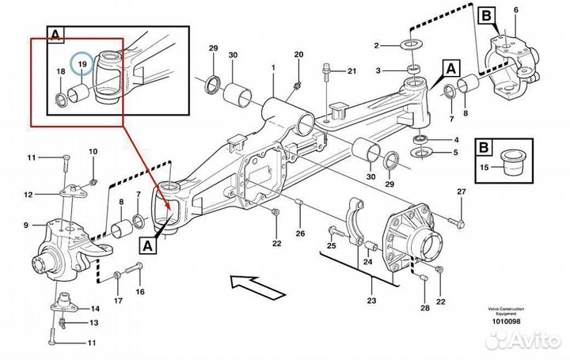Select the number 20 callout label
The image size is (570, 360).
click(x=298, y=54)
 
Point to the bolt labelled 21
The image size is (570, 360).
click(x=327, y=74)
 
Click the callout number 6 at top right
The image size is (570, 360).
click(x=515, y=9)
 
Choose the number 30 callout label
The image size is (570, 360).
click(x=233, y=55)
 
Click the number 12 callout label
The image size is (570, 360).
click(x=28, y=194)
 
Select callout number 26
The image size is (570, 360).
click(x=299, y=233)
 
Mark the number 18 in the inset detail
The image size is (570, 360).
click(x=60, y=71)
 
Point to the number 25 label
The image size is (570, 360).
click(x=331, y=246)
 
